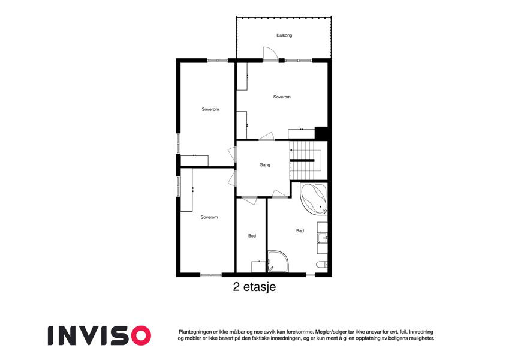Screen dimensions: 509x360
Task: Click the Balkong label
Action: point(284,35)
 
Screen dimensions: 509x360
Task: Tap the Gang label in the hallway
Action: point(264,165)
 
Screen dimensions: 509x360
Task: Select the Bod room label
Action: point(252,236)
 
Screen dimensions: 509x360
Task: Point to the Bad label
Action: point(300,230)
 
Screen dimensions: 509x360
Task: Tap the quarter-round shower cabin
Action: point(278,261)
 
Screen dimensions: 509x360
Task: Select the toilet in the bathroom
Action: point(322,264)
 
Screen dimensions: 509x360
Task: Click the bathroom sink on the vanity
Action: point(323,238)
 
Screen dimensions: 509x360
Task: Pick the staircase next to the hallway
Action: point(306,161)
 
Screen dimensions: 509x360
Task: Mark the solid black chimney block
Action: point(321,133)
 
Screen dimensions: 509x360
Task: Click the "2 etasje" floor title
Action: point(254,287)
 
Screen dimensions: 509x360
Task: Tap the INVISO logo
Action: point(100,335)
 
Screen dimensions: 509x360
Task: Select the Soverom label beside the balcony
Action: point(282,97)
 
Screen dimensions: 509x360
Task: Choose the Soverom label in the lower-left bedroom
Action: point(209,217)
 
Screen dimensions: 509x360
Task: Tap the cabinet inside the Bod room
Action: point(258,267)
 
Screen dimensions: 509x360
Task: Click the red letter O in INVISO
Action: point(140,335)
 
